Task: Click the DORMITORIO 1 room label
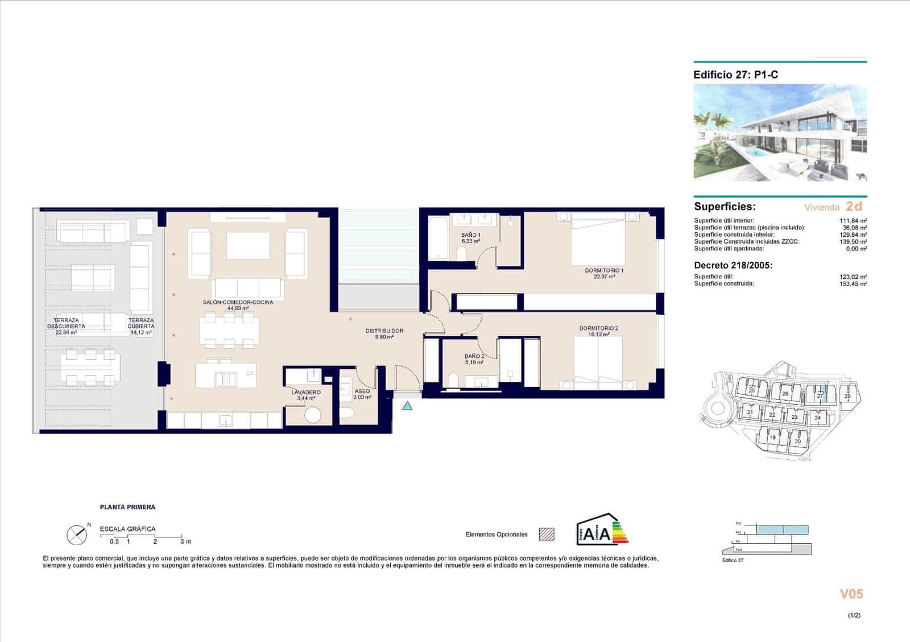[x=604, y=270]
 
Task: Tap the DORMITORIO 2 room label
[x=598, y=328]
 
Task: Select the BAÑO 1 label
[x=471, y=235]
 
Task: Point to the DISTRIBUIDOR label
[x=384, y=331]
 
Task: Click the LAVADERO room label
[x=306, y=392]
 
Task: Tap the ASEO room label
[x=362, y=391]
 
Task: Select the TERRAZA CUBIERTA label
[x=141, y=323]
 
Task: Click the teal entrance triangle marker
[x=407, y=406]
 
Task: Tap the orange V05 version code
[x=851, y=594]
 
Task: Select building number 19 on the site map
[x=772, y=438]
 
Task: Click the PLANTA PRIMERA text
[x=127, y=507]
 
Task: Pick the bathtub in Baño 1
[x=438, y=237]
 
